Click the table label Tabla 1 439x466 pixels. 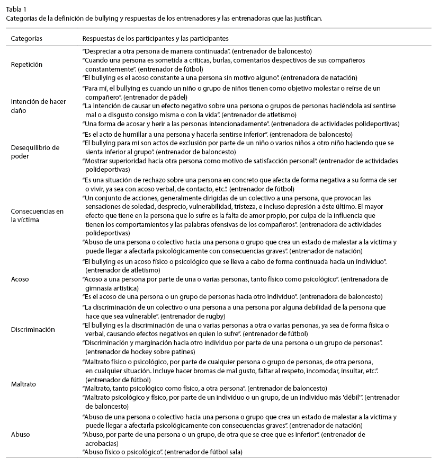click(x=16, y=9)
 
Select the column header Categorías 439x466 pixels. click(x=26, y=39)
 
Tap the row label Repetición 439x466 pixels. click(x=26, y=64)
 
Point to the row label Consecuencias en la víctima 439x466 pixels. click(x=37, y=215)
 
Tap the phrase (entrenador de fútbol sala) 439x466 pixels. click(x=204, y=451)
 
